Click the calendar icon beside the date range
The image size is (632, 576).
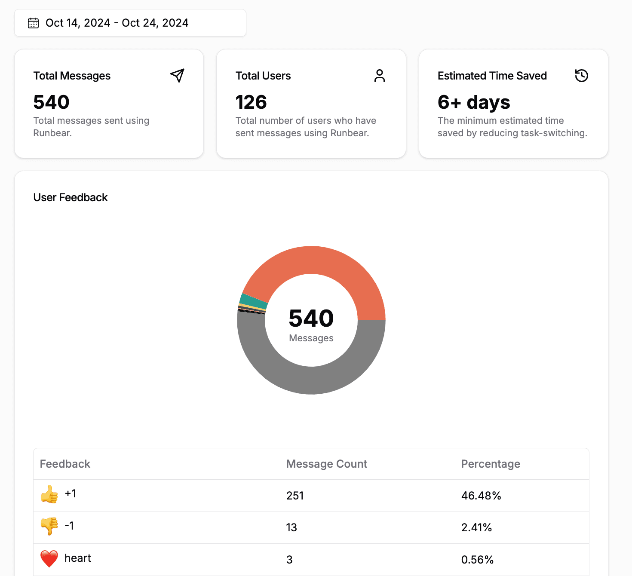tap(33, 23)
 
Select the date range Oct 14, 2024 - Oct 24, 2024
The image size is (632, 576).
tap(117, 23)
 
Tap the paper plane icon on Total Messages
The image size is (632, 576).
tap(177, 76)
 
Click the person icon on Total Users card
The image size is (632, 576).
tap(379, 76)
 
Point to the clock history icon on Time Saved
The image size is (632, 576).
tap(581, 76)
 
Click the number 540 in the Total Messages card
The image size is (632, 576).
tap(52, 102)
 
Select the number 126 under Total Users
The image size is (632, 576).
tap(252, 102)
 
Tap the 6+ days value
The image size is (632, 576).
tap(474, 102)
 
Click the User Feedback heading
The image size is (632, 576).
tap(71, 197)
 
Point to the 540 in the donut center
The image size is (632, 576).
tap(311, 318)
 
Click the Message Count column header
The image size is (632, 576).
tap(327, 464)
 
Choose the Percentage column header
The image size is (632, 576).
tap(491, 464)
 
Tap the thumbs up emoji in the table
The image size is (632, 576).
tap(49, 494)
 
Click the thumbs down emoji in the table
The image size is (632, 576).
tap(49, 526)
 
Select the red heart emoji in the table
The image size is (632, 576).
tap(49, 558)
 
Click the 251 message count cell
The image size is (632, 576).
tap(295, 496)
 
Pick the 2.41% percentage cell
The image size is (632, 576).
tap(476, 527)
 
